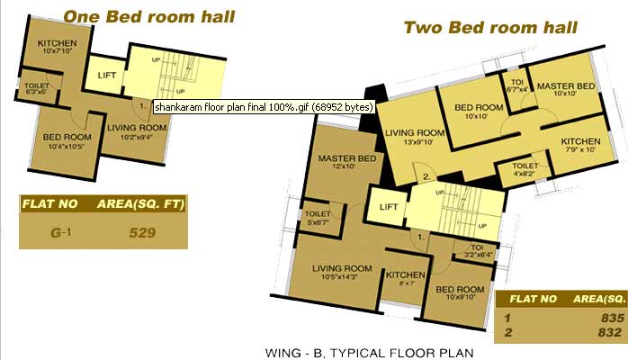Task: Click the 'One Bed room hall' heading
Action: point(149,17)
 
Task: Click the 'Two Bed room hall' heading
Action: point(490,28)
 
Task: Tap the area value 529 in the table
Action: point(142,233)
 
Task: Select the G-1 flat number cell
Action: point(61,232)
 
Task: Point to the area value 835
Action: point(613,318)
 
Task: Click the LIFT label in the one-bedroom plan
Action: point(107,76)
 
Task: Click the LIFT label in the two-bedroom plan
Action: point(389,207)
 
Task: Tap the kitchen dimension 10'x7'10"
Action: point(57,51)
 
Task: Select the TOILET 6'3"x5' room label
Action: point(37,88)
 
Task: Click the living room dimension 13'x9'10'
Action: point(415,142)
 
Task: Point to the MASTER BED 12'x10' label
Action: point(347,162)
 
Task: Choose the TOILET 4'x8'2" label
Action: point(525,169)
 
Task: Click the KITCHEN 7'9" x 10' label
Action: point(580,145)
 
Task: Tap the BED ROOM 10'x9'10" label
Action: point(460,292)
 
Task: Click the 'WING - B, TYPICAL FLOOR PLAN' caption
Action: point(369,353)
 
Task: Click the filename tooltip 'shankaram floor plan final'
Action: point(264,107)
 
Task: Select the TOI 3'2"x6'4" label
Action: point(477,251)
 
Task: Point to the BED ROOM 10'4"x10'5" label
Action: point(67,141)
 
